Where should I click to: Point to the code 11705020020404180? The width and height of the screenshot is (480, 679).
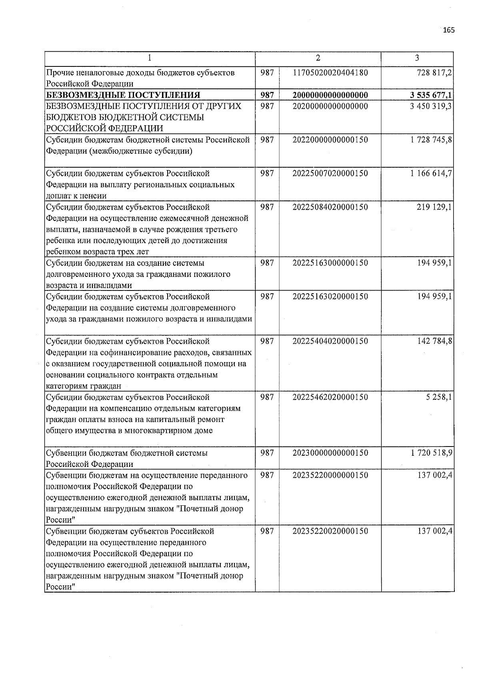330,73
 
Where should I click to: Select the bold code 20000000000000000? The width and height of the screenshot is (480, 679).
330,95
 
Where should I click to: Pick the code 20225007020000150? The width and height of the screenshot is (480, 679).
330,174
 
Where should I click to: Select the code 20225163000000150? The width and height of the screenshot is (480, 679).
330,263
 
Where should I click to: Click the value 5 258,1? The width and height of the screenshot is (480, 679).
439,397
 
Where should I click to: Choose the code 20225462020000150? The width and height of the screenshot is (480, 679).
330,397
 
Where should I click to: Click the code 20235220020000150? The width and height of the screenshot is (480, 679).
330,531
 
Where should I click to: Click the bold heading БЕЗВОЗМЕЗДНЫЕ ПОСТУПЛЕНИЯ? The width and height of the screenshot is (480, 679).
123,95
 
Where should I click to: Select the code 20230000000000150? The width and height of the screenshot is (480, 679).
330,453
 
